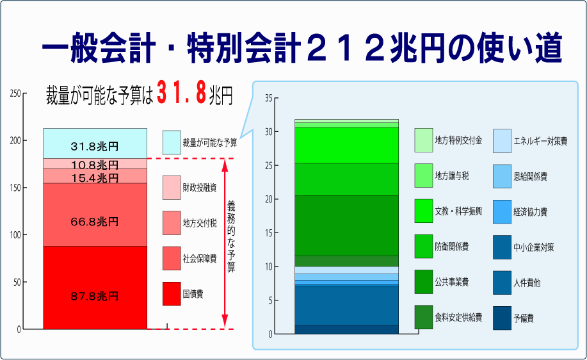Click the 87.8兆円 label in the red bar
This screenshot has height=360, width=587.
tap(95, 297)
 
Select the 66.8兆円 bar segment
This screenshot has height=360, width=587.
tap(95, 215)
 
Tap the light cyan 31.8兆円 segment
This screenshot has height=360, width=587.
tap(95, 143)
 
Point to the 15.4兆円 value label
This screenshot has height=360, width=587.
tap(95, 178)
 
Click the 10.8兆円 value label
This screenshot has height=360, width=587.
tap(95, 165)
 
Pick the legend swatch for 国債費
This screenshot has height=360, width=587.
tap(172, 293)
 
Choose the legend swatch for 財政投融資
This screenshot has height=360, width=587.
tap(172, 187)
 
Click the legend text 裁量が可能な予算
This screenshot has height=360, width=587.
tap(210, 143)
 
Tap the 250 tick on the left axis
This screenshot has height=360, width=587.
tap(15, 94)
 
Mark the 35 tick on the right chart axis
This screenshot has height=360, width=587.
tap(269, 98)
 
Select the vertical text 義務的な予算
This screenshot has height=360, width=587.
tap(231, 236)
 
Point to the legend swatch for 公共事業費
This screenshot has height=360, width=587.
tap(424, 282)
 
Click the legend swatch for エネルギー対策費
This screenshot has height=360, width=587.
tap(502, 141)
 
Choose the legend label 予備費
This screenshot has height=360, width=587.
tap(524, 318)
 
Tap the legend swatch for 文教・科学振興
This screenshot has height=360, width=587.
tap(424, 211)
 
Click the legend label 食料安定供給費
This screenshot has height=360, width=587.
tap(458, 317)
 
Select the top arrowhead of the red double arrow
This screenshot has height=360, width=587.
tap(225, 165)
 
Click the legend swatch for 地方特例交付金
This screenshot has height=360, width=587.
tap(424, 140)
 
